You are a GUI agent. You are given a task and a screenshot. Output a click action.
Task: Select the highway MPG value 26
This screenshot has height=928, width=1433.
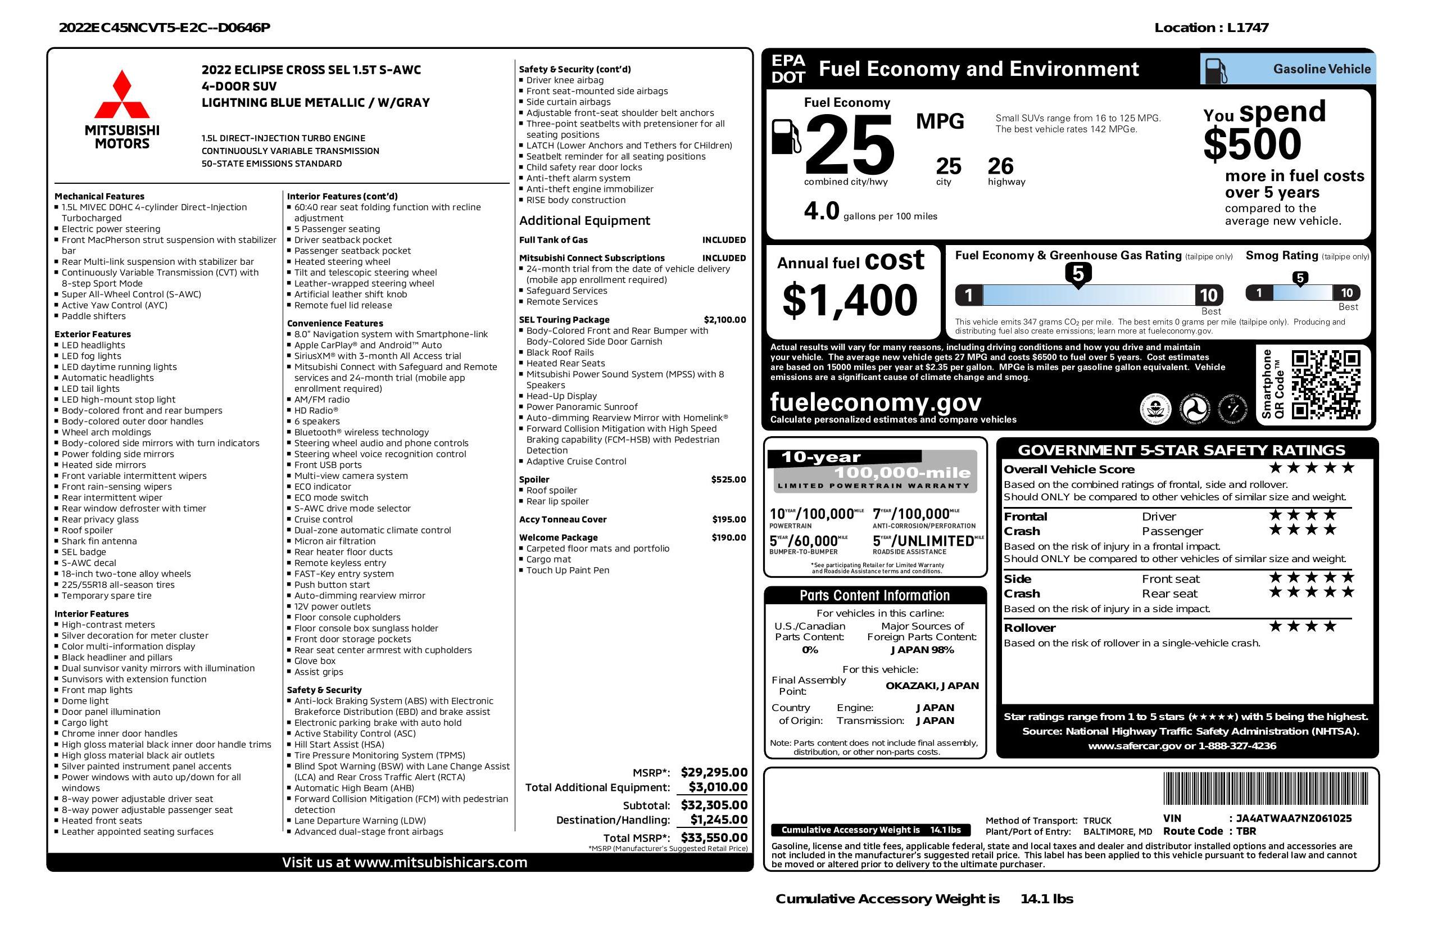pyautogui.click(x=1001, y=166)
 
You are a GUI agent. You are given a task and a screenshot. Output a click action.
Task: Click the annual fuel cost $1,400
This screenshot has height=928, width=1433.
pyautogui.click(x=850, y=300)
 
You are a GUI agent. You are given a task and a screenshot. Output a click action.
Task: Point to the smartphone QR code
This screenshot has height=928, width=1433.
pyautogui.click(x=1325, y=384)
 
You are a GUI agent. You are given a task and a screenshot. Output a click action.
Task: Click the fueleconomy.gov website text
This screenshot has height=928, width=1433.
pyautogui.click(x=876, y=402)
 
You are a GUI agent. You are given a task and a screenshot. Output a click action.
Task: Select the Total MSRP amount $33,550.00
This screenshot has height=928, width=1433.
pyautogui.click(x=714, y=837)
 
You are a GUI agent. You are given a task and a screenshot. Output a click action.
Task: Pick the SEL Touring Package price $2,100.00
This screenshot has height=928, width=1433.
pyautogui.click(x=724, y=320)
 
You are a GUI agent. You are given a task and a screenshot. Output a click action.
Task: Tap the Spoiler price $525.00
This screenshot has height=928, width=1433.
pyautogui.click(x=728, y=479)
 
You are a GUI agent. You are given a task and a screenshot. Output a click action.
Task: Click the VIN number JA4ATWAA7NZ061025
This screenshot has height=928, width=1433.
pyautogui.click(x=1293, y=818)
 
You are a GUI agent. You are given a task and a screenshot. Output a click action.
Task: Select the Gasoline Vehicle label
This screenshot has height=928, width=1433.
pyautogui.click(x=1322, y=69)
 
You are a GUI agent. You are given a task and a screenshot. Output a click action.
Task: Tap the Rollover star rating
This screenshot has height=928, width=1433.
pyautogui.click(x=1303, y=627)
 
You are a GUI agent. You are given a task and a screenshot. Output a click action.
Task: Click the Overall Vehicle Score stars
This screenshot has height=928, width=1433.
pyautogui.click(x=1312, y=468)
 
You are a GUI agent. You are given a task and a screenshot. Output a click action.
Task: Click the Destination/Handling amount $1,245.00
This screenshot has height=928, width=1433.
pyautogui.click(x=718, y=820)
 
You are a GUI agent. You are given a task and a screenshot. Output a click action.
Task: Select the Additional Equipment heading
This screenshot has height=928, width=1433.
pyautogui.click(x=584, y=220)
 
